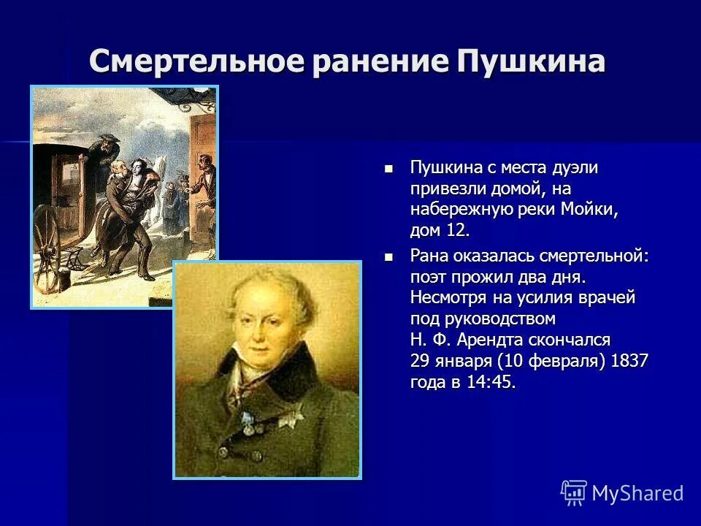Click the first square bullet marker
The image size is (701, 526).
coord(388,168)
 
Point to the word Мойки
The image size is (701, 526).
coord(589,210)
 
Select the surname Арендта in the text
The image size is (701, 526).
coord(486,340)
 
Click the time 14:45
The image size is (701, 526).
coord(491,382)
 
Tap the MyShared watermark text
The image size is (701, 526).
coord(637,493)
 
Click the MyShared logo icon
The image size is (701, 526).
coord(573,492)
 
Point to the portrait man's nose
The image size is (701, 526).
coord(267,333)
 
